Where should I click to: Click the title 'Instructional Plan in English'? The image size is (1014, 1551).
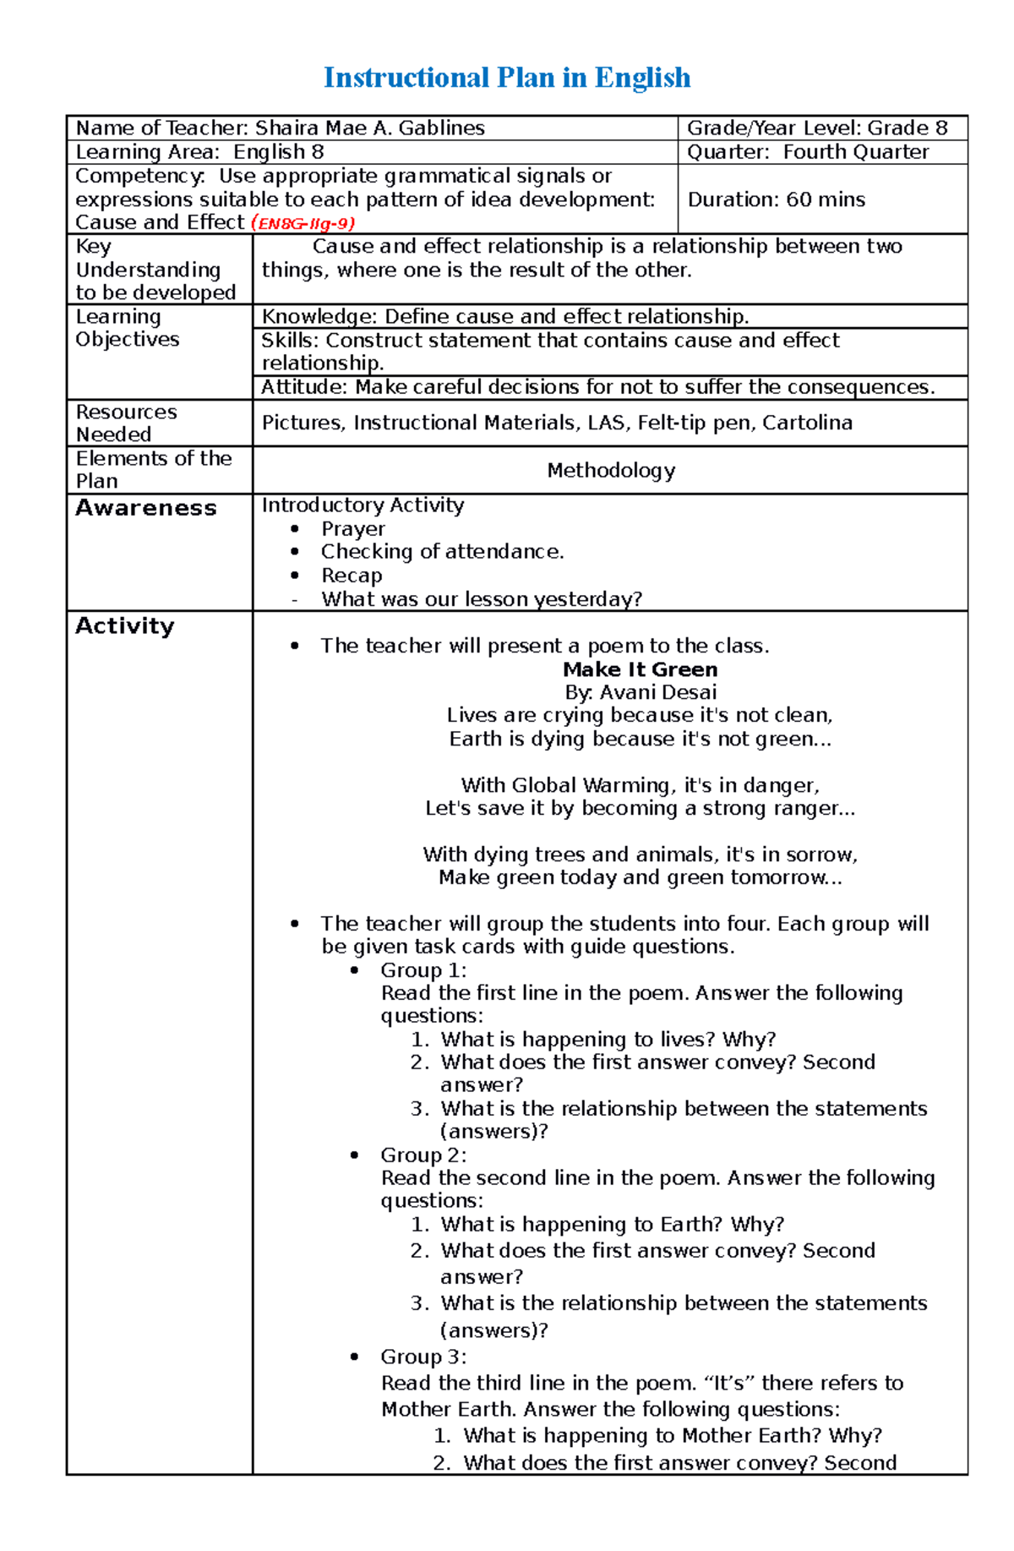point(507,78)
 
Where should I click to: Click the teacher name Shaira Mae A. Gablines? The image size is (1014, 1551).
point(369,128)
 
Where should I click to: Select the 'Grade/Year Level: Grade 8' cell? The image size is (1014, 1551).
point(816,128)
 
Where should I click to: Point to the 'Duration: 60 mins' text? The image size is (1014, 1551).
point(776,199)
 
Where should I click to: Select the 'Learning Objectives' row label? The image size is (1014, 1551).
point(127,328)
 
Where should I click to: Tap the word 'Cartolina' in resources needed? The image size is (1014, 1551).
point(807,423)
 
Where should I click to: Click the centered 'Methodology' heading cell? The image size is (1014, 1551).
point(610,471)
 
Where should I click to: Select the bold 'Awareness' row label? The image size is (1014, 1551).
point(145,508)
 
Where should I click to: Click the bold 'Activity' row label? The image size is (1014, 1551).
point(124,626)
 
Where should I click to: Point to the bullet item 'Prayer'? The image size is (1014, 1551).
point(352,529)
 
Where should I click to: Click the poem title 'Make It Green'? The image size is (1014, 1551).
point(640,669)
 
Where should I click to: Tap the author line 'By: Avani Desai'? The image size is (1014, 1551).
point(640,692)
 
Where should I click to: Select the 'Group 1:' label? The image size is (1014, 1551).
point(422,970)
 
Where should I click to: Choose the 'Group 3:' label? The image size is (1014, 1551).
point(422,1357)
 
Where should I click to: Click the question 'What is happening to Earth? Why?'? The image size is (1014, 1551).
point(612,1225)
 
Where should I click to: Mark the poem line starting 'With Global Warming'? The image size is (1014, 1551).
point(640,785)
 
